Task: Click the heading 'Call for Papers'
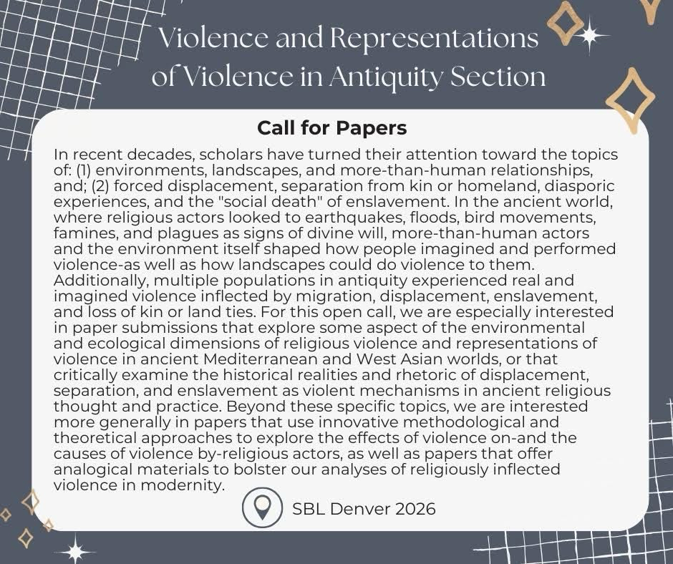pyautogui.click(x=331, y=128)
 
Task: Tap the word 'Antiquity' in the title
pyautogui.click(x=386, y=76)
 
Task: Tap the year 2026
pyautogui.click(x=414, y=509)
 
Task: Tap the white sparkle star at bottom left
pyautogui.click(x=74, y=550)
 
